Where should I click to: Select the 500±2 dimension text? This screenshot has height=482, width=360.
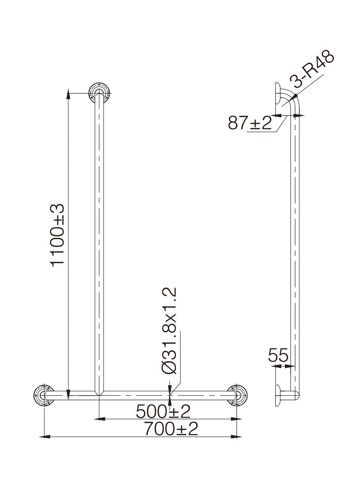point(163,411)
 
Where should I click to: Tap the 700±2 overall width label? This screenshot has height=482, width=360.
point(171,429)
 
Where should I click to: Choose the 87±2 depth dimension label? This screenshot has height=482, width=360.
point(250,123)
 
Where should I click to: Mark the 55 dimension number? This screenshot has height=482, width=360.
point(278,355)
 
